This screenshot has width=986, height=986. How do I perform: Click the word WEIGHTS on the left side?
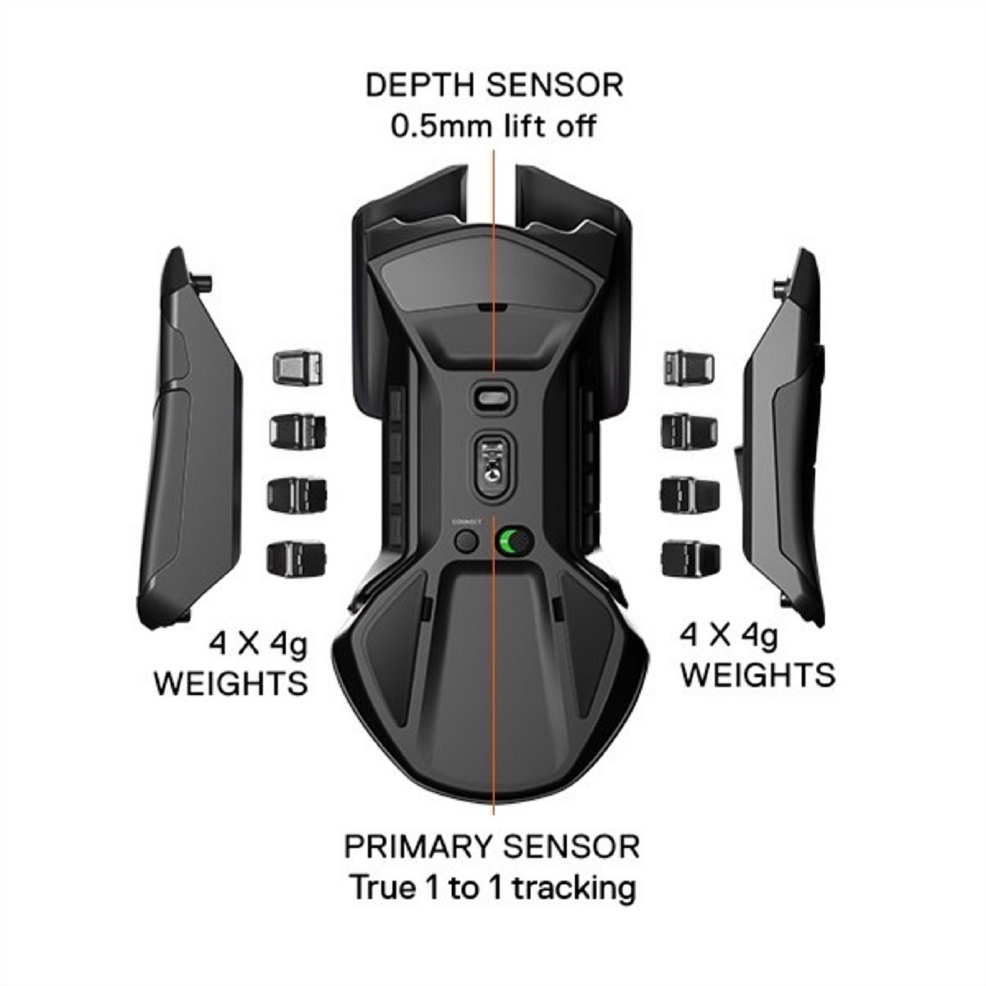(231, 682)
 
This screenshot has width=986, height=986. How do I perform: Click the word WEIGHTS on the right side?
(758, 674)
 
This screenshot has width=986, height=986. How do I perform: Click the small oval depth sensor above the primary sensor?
(492, 397)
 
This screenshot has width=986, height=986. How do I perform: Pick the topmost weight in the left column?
(297, 367)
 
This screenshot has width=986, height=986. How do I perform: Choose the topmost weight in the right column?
(689, 366)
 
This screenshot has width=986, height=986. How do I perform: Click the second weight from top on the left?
(297, 431)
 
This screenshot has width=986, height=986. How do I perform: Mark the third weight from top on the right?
(689, 495)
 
